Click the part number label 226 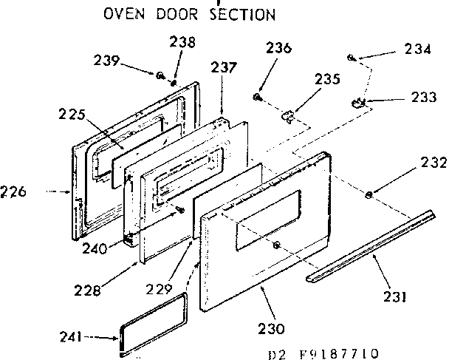tap(14, 192)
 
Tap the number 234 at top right tap(418, 50)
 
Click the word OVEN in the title tap(120, 13)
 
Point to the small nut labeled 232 tap(368, 194)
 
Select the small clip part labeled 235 tap(287, 115)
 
